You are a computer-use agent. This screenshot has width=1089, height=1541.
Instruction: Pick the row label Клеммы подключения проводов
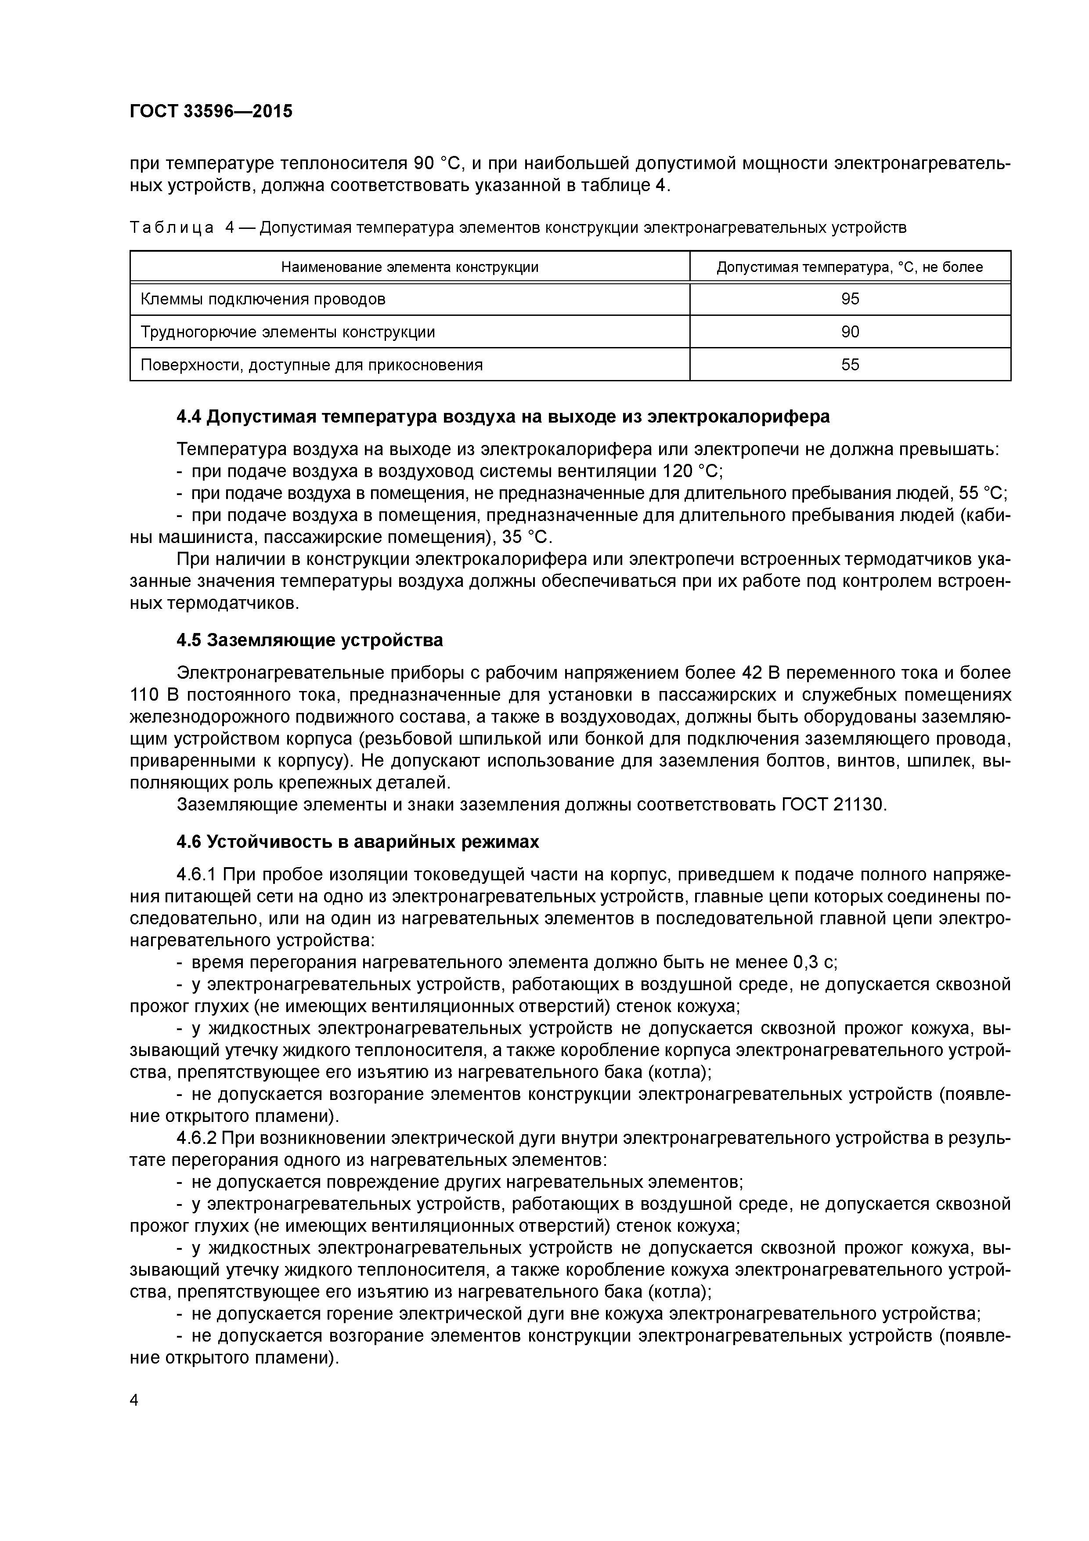(x=263, y=299)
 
